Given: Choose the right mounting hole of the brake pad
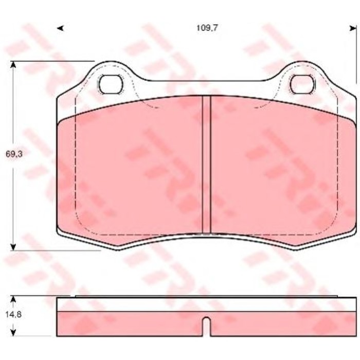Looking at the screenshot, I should pyautogui.click(x=302, y=84).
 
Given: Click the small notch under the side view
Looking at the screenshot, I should pyautogui.click(x=206, y=325).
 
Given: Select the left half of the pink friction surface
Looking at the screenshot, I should pyautogui.click(x=134, y=170).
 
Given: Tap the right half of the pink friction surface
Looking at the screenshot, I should pyautogui.click(x=283, y=170).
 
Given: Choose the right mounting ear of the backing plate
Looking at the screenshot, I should pyautogui.click(x=302, y=72).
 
